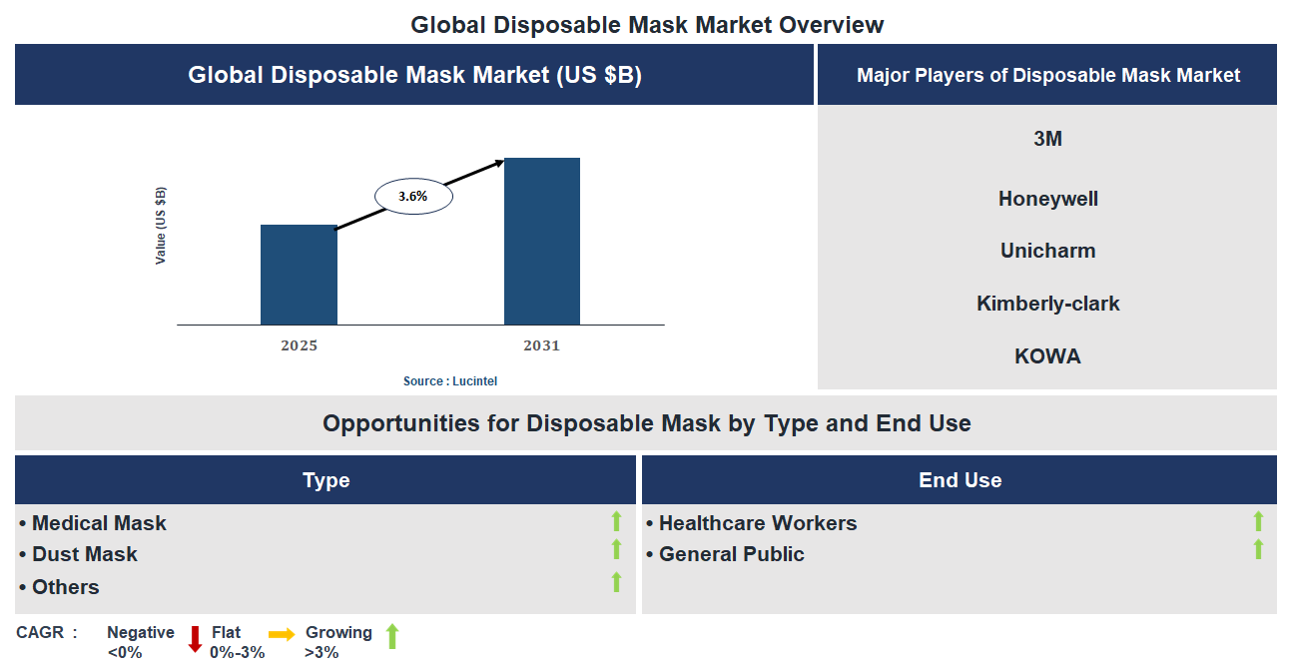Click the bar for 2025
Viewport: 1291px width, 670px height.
click(299, 275)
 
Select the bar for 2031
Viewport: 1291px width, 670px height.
click(541, 241)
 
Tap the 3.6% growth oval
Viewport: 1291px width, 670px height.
click(413, 197)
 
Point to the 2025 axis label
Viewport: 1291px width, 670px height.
click(299, 346)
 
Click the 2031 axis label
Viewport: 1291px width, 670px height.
click(541, 346)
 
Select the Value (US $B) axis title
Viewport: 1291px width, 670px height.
click(161, 226)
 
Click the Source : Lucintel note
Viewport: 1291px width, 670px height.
click(450, 381)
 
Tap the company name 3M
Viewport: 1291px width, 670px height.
click(1047, 139)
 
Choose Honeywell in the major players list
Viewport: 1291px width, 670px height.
click(1047, 199)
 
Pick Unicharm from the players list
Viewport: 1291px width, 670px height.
click(1047, 251)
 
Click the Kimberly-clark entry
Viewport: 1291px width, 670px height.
click(1047, 304)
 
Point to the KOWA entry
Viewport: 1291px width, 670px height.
click(1047, 356)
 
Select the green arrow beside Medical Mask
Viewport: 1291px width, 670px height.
click(616, 521)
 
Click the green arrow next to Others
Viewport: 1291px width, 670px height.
click(616, 582)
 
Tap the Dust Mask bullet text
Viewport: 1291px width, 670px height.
click(85, 554)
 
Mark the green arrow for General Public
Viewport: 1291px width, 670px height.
click(1258, 549)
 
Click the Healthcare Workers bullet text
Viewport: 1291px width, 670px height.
click(758, 523)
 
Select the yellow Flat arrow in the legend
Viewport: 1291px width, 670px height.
click(282, 634)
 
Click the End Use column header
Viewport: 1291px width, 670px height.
click(960, 480)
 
